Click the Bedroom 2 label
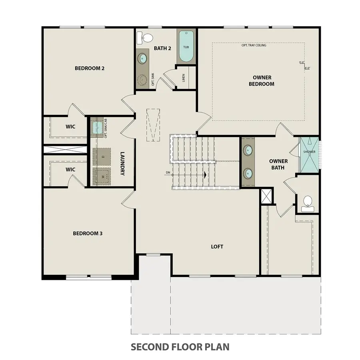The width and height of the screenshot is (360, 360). tap(90, 68)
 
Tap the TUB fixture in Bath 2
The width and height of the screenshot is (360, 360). tap(186, 46)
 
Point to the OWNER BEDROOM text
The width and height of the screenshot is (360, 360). tap(262, 80)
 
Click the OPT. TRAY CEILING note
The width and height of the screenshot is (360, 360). tap(254, 45)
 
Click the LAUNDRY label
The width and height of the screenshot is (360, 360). tap(123, 163)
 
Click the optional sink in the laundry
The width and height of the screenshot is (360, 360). tap(98, 128)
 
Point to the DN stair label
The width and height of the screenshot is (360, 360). tap(168, 173)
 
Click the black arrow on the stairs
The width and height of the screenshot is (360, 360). tap(205, 175)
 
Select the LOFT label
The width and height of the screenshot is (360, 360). tap(217, 246)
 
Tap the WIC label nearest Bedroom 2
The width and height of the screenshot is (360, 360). tap(70, 126)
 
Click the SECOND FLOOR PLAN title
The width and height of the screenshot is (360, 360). tap(180, 346)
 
